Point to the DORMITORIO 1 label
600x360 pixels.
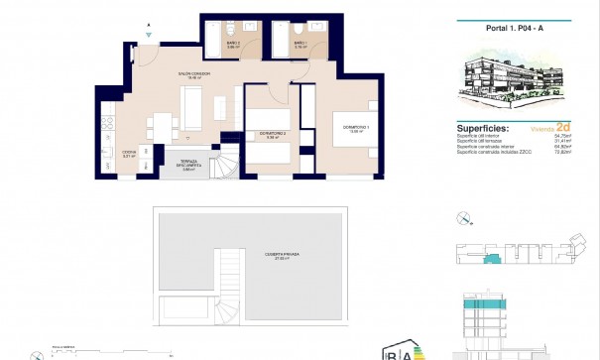[x=354, y=129]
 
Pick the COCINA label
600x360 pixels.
[x=128, y=154]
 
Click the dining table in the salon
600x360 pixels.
[x=158, y=128]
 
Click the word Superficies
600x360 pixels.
[x=483, y=128]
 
